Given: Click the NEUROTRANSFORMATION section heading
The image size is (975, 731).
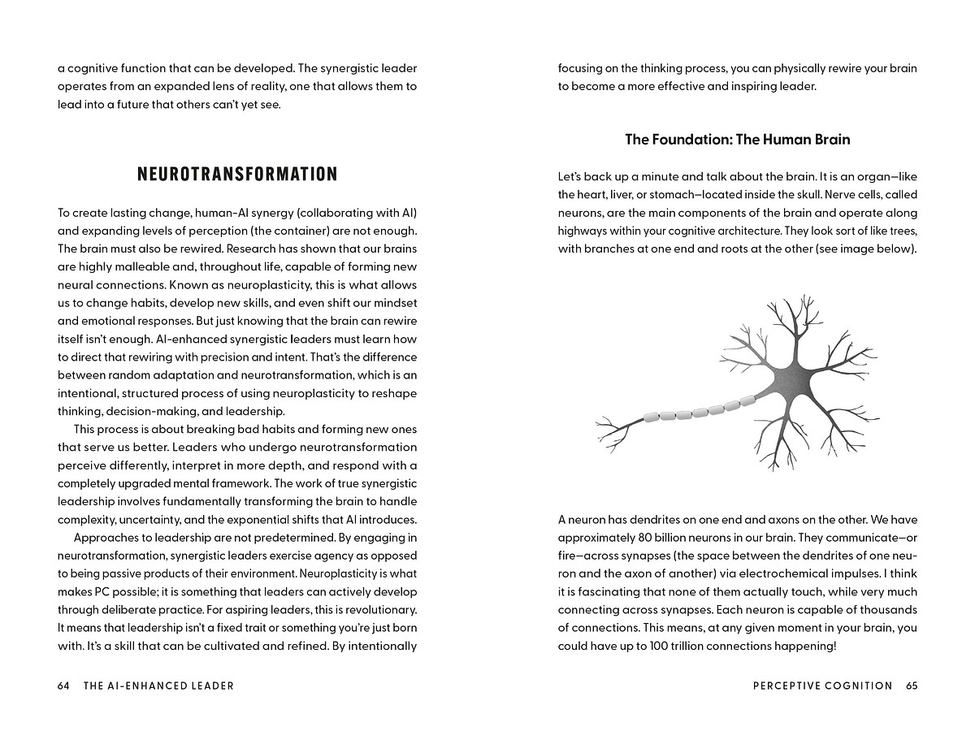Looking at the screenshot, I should [x=237, y=174].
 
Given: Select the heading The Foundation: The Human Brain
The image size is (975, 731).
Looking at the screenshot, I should [x=737, y=139].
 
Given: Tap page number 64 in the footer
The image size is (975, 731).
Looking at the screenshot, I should [x=63, y=686].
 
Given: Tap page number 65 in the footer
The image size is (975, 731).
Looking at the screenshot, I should [x=912, y=686].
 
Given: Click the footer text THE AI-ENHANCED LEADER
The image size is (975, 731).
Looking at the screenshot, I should [x=158, y=686].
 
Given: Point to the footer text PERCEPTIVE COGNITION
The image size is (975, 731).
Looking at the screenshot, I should [x=822, y=686].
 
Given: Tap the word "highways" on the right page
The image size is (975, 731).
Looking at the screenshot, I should [x=583, y=231].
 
